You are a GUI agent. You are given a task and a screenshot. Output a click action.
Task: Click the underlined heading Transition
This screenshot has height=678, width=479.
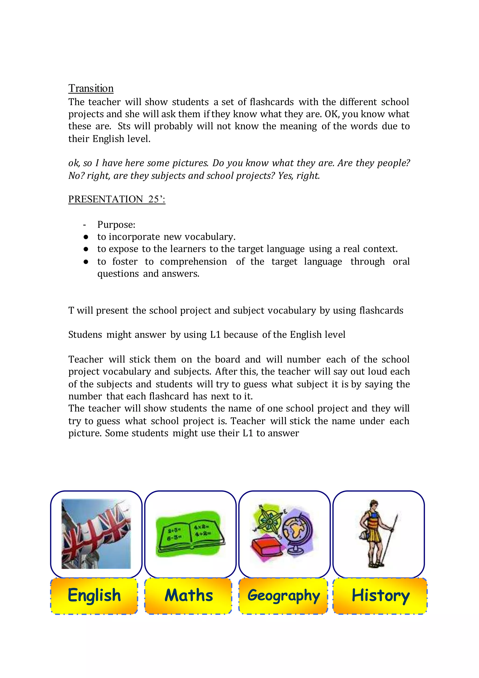pyautogui.click(x=91, y=88)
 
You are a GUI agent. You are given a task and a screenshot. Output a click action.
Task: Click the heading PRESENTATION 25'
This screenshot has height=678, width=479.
pyautogui.click(x=116, y=199)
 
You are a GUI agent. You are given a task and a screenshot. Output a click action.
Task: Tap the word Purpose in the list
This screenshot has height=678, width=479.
pyautogui.click(x=116, y=225)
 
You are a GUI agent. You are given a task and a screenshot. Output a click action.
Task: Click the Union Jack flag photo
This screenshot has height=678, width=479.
pyautogui.click(x=96, y=534)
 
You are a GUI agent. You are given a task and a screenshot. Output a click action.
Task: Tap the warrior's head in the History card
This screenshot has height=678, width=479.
pyautogui.click(x=374, y=504)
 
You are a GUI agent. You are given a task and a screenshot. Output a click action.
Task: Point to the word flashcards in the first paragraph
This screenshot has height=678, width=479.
pyautogui.click(x=271, y=102)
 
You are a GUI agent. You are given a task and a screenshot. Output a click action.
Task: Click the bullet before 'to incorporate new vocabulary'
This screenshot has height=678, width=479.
pyautogui.click(x=86, y=237)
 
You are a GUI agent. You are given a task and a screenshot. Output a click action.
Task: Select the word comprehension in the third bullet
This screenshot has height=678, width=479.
pyautogui.click(x=193, y=262)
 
